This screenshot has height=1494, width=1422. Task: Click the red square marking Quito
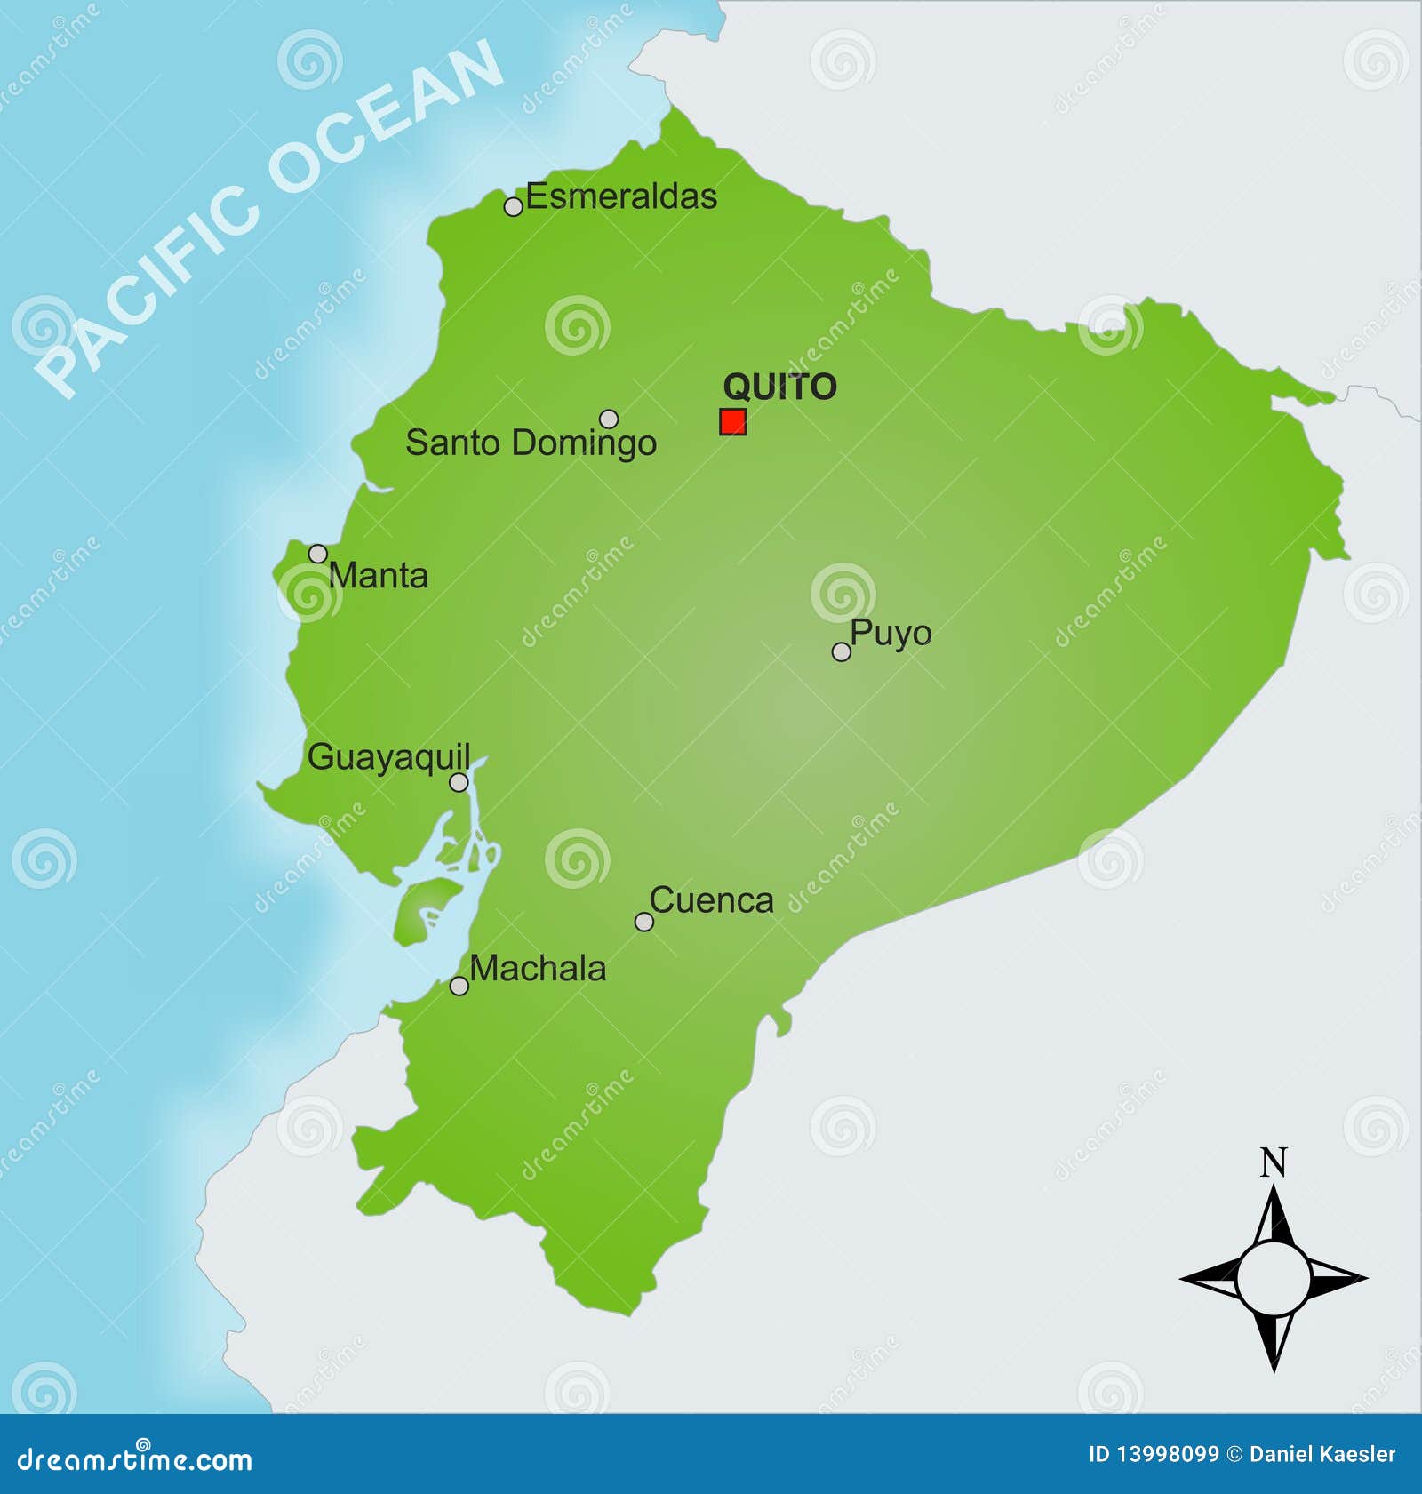732,421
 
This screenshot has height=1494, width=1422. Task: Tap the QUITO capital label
779,387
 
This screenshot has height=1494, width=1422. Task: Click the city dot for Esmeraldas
513,206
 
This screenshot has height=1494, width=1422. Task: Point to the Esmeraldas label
621,196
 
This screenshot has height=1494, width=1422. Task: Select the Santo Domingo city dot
609,418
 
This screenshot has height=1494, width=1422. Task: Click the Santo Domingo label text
531,443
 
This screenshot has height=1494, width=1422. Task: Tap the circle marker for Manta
317,553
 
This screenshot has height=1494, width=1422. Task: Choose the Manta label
379,576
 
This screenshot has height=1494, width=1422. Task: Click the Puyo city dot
841,651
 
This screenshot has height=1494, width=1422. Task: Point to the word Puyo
891,634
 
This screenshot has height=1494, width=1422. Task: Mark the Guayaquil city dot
459,782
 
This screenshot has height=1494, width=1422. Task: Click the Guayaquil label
388,757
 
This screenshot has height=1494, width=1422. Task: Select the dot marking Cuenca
643,922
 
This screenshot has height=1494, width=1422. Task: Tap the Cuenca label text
711,900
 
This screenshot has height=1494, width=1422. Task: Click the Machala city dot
459,986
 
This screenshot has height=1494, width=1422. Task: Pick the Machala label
538,968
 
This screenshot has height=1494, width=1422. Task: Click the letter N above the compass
1274,1162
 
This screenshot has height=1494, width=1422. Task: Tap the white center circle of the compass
1274,1278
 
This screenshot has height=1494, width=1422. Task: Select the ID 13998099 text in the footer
1153,1454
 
